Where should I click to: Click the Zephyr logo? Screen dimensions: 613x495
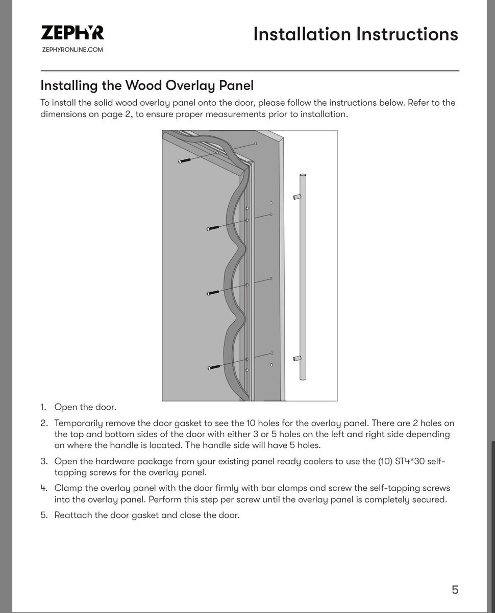click(72, 33)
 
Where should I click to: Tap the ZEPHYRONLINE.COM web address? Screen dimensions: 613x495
click(72, 50)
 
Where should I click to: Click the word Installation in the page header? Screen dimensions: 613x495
click(302, 34)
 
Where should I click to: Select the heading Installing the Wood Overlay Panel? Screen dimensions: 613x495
click(147, 85)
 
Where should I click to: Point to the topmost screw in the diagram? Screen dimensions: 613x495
click(185, 160)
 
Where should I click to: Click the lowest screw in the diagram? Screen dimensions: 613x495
click(214, 367)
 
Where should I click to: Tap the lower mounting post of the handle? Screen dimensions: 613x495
click(296, 359)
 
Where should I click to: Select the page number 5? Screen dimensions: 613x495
click(455, 590)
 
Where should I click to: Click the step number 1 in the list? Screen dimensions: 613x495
click(43, 407)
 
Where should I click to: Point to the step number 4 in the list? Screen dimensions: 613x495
click(43, 488)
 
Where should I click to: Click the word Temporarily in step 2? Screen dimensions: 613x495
click(82, 423)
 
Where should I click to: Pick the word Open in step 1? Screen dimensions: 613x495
click(65, 407)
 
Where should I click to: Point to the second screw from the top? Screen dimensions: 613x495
click(213, 228)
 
